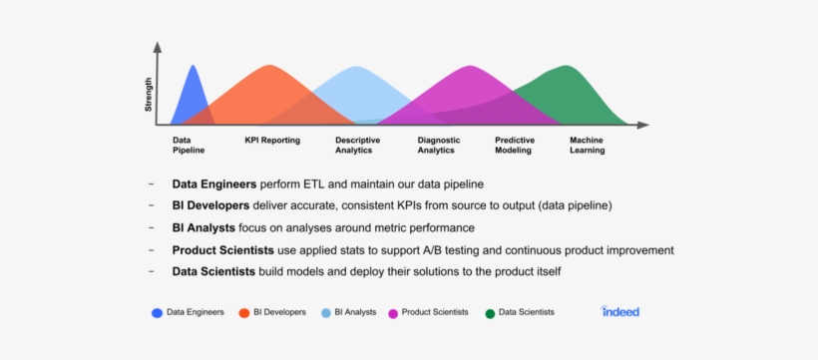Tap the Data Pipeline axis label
189,146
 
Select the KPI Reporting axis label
272,141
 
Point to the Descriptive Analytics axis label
357,146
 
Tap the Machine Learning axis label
587,146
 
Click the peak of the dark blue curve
193,67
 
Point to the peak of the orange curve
268,67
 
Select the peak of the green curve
567,67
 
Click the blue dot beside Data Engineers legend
158,313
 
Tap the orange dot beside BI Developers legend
244,313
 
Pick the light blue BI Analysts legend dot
326,313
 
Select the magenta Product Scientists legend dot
393,313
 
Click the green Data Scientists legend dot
490,313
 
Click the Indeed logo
620,311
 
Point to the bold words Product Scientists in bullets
222,249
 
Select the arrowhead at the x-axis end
644,125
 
